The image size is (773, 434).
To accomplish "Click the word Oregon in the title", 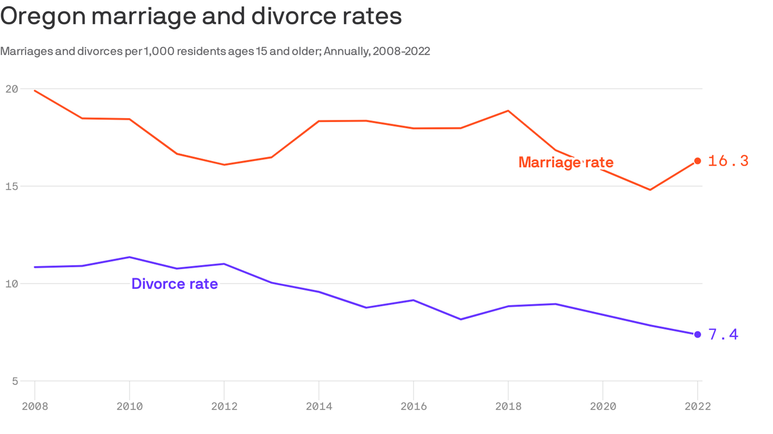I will [x=42, y=16].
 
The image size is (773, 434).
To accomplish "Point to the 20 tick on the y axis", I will [x=11, y=89].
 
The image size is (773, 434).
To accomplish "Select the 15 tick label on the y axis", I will [x=11, y=186].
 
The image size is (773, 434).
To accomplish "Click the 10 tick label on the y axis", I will [x=11, y=284].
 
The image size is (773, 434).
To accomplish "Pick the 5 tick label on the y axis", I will [x=14, y=381].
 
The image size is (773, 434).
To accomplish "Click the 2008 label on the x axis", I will [x=35, y=407].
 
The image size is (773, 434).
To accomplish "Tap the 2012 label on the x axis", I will [x=224, y=407].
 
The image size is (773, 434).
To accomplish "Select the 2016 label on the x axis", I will [x=414, y=407].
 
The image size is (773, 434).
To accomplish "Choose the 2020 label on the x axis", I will [x=603, y=407].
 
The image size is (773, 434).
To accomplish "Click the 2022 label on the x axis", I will [x=697, y=407].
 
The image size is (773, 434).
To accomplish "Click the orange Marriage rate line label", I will [x=565, y=163].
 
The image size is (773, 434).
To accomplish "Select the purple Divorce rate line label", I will [x=174, y=284].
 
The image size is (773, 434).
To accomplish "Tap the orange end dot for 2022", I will [x=698, y=161].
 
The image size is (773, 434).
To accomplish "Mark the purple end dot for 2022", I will [x=698, y=335].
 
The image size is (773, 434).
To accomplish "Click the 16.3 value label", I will [x=728, y=161].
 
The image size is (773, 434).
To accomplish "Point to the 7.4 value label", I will [x=723, y=335].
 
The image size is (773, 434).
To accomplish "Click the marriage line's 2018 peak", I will [x=508, y=111].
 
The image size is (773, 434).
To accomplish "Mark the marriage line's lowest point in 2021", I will [x=650, y=190].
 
